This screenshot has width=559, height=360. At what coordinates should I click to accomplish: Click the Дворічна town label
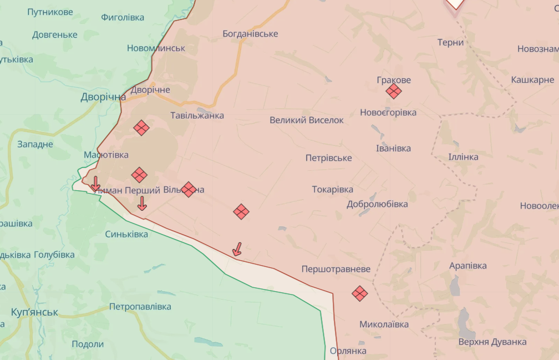point(103,97)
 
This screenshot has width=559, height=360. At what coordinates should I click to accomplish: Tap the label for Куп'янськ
point(34,312)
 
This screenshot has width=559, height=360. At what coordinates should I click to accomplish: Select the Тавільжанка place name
point(197,115)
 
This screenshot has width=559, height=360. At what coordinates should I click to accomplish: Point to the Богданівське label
point(250,34)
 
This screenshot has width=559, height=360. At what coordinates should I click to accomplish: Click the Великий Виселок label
point(307,120)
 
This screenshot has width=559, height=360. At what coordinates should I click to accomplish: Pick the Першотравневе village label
point(336,269)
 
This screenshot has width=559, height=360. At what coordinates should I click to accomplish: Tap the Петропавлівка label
point(140,306)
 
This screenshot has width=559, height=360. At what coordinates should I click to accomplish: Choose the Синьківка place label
point(126,234)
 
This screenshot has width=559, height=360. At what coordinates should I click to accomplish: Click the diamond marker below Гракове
point(394,91)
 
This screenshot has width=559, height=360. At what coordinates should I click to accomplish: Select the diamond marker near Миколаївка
point(360,293)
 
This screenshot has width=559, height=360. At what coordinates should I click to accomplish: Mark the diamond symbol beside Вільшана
point(189,190)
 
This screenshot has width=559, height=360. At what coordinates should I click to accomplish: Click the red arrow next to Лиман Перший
point(95,184)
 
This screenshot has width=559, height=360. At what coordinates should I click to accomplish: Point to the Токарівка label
point(333,189)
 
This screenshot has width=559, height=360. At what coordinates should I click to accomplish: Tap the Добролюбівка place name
point(377,204)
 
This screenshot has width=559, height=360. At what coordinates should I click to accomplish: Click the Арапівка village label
point(468,266)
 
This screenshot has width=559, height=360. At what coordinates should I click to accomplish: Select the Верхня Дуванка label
point(492,342)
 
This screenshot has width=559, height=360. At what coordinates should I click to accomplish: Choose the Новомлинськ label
point(156,48)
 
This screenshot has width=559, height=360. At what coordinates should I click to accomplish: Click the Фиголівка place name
point(123,17)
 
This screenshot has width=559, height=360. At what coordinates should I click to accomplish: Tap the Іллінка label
point(463,157)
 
